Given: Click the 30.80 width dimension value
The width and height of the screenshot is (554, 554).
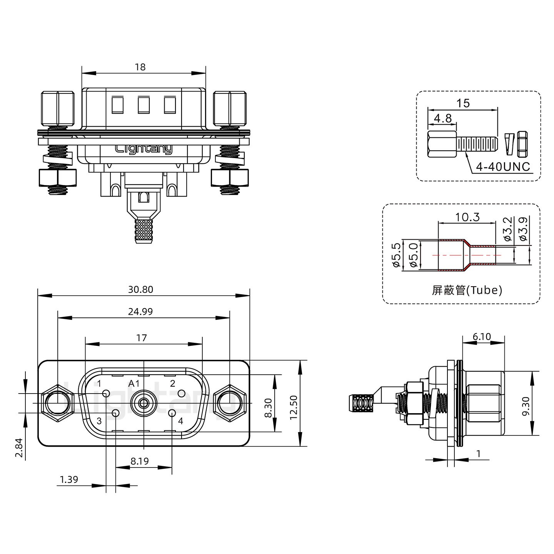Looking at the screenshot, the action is [x=140, y=290].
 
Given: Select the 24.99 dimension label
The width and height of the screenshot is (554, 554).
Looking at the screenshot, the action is [x=140, y=312].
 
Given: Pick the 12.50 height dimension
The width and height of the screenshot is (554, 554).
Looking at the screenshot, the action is [x=294, y=408].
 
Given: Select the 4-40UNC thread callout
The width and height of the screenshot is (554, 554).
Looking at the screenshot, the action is [x=503, y=167].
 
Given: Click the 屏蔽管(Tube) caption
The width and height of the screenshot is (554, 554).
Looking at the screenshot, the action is [x=467, y=290].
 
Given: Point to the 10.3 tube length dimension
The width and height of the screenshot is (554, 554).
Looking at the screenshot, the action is [x=467, y=217].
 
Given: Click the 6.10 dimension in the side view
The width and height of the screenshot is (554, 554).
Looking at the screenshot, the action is [x=482, y=336].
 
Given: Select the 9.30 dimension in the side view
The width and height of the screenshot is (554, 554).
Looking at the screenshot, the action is [x=526, y=406].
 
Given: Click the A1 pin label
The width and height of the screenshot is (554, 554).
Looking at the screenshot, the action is [x=134, y=384].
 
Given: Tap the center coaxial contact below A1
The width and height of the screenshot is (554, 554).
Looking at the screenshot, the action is [x=144, y=403].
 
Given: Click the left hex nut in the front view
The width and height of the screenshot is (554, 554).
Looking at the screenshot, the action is [x=58, y=403].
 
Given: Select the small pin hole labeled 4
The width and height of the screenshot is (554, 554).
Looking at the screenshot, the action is [x=172, y=414].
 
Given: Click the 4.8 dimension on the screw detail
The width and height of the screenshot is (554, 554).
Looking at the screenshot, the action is [x=443, y=118].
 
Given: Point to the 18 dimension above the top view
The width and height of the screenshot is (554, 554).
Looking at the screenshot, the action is [x=140, y=67].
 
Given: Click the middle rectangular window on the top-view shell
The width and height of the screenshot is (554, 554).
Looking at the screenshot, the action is [x=144, y=105].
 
